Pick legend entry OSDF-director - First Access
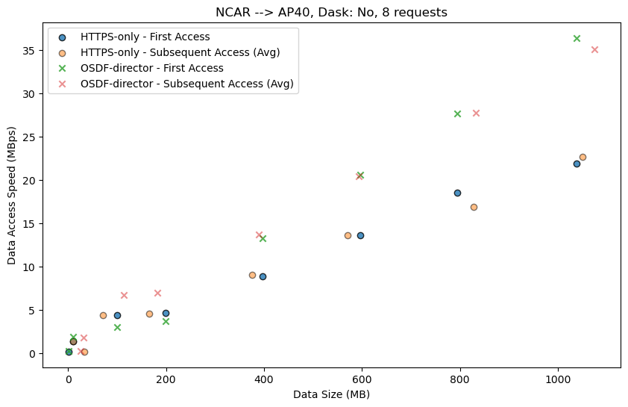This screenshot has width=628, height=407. (151, 68)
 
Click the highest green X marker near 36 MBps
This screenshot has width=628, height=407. (577, 38)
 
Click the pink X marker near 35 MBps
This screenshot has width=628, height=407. (594, 49)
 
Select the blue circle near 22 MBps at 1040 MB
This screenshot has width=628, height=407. (577, 164)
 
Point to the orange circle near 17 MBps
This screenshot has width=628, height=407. (474, 207)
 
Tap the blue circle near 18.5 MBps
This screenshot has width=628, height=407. (457, 193)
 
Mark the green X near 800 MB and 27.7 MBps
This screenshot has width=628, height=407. (457, 114)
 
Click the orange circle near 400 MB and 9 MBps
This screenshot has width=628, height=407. (252, 275)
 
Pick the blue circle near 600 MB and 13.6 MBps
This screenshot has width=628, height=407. (360, 235)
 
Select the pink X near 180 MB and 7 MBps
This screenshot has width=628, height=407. (157, 293)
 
